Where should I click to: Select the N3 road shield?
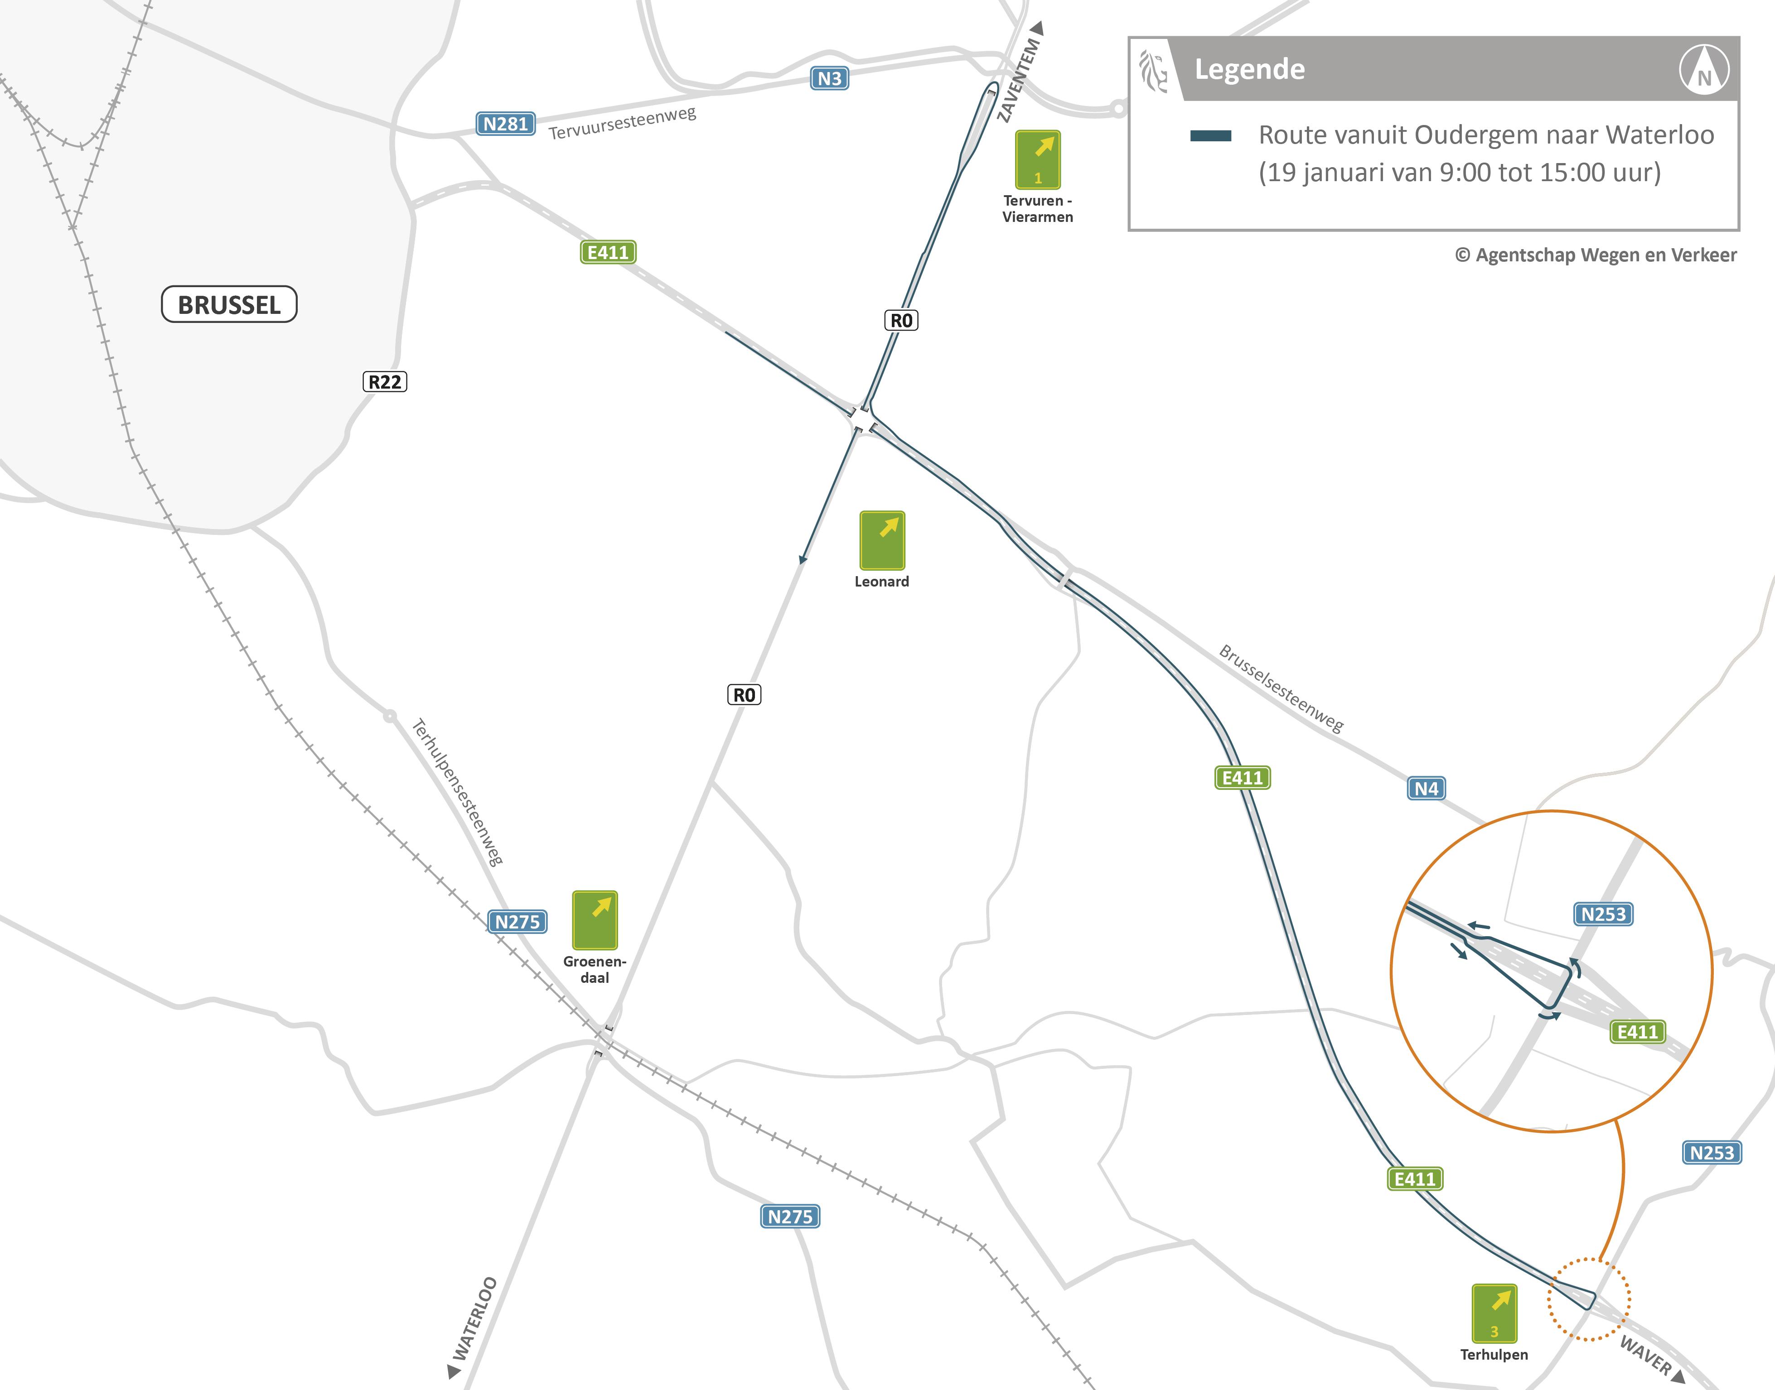(x=829, y=78)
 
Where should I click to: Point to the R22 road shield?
(x=384, y=382)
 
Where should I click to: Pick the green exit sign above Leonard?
(x=882, y=539)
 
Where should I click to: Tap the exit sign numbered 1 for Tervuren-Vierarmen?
(x=1037, y=159)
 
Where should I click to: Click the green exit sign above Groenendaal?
(x=595, y=919)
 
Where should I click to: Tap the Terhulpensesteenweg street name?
(x=458, y=792)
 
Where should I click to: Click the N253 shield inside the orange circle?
(x=1602, y=914)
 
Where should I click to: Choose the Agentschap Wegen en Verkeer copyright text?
(x=1596, y=255)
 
